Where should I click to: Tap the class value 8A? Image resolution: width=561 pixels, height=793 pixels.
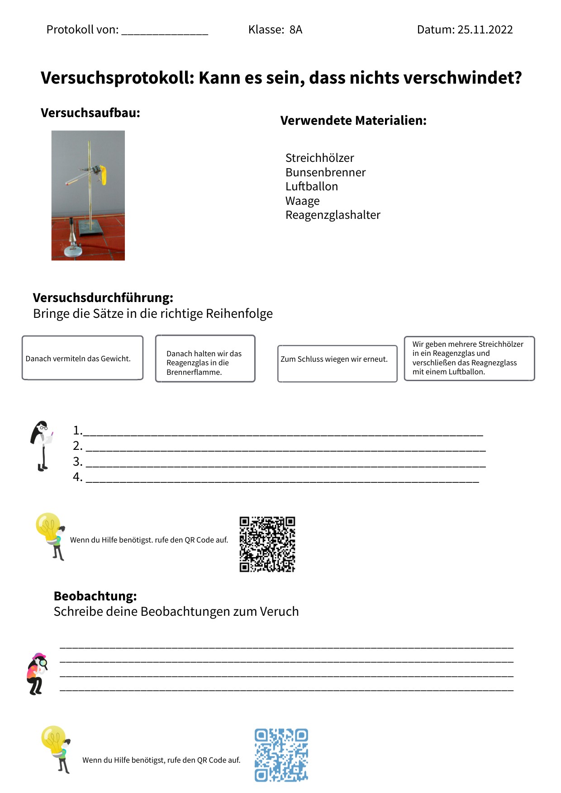[x=296, y=30]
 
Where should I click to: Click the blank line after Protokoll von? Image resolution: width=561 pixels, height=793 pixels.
[x=165, y=32]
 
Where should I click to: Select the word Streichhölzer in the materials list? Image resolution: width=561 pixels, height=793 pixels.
[x=319, y=158]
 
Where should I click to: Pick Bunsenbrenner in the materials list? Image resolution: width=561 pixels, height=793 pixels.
[x=325, y=172]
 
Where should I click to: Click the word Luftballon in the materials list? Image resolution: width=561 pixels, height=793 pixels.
[x=312, y=186]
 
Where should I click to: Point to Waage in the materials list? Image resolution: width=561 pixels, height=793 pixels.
[x=302, y=201]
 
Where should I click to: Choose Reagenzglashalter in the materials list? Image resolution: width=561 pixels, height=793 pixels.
[x=333, y=215]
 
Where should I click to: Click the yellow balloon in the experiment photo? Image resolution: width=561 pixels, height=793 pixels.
[x=104, y=175]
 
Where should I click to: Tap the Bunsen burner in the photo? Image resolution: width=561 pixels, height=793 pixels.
[x=72, y=240]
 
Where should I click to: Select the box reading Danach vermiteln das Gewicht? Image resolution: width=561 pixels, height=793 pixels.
[x=82, y=358]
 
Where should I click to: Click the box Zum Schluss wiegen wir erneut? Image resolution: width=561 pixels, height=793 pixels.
[x=337, y=363]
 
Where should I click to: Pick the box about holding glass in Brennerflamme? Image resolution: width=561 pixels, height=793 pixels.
[x=205, y=359]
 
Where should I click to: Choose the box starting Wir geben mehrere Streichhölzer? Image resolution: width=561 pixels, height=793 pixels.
[x=469, y=358]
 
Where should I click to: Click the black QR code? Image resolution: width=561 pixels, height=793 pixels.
[x=267, y=544]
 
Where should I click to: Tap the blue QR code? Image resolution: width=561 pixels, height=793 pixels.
[x=281, y=755]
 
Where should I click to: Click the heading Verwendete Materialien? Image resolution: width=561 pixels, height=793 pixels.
[x=353, y=121]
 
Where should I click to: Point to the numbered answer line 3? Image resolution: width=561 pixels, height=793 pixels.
[x=285, y=463]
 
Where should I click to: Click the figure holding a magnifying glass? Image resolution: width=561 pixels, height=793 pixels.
[x=37, y=674]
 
